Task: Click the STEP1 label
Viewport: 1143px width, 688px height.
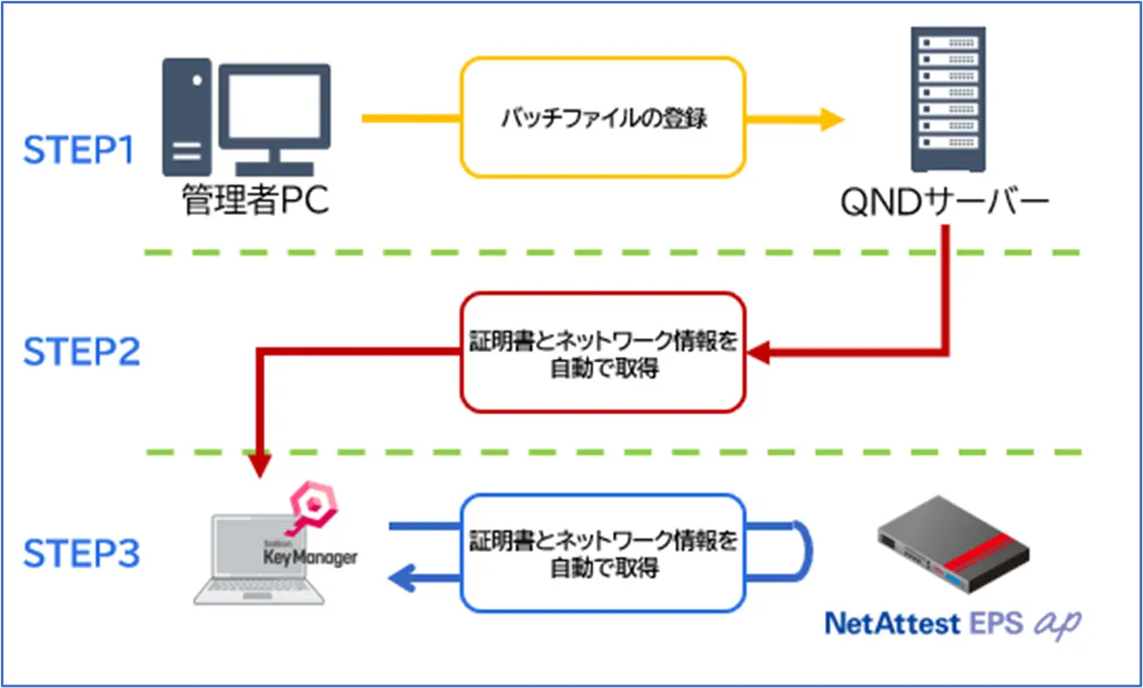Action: click(x=79, y=150)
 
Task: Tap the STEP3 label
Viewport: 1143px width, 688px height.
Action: click(x=81, y=553)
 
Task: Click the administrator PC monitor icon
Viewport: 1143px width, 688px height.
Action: click(x=274, y=109)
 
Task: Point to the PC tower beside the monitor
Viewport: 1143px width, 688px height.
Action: click(x=186, y=117)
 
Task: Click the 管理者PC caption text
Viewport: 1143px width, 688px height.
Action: click(x=255, y=202)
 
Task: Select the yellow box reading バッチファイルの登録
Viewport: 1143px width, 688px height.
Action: click(x=603, y=118)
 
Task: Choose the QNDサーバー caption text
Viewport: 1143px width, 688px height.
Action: click(x=945, y=202)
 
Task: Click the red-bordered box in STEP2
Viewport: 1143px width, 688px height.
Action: click(x=603, y=352)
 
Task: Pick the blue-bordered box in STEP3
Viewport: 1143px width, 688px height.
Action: click(x=603, y=553)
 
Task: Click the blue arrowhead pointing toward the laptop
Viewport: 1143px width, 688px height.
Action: click(x=401, y=578)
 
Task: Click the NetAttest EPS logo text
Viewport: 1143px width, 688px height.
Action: click(x=954, y=624)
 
